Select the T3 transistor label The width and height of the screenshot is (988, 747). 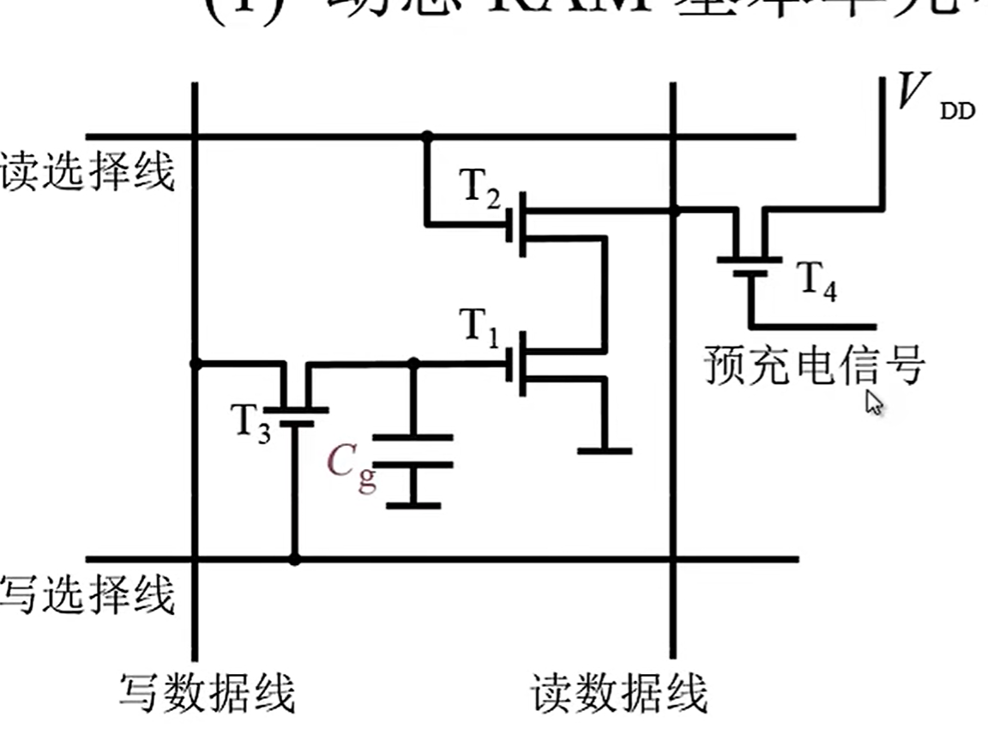pos(250,421)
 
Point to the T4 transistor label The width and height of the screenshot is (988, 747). pos(816,281)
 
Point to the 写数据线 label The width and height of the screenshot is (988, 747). pos(207,693)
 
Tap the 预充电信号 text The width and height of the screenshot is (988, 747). pos(815,364)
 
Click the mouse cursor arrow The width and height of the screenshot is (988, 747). pos(874,402)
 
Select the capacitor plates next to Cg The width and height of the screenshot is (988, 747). pos(414,452)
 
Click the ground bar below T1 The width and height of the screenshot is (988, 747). pos(605,450)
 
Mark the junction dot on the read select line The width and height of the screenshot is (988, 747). pos(426,136)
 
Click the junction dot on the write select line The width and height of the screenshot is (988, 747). pos(294,559)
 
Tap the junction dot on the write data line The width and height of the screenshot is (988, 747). pos(196,364)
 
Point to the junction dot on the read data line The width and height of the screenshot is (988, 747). pos(674,210)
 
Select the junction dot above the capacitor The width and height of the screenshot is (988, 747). pos(414,364)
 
